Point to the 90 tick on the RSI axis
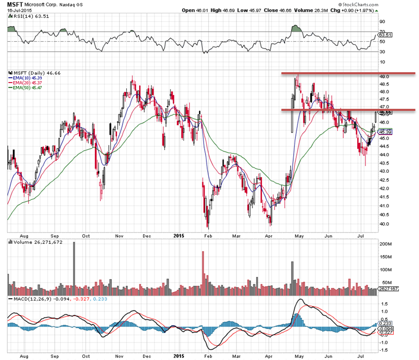click(383, 22)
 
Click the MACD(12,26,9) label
click(31, 299)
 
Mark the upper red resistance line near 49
click(340, 74)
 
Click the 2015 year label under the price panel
click(179, 236)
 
